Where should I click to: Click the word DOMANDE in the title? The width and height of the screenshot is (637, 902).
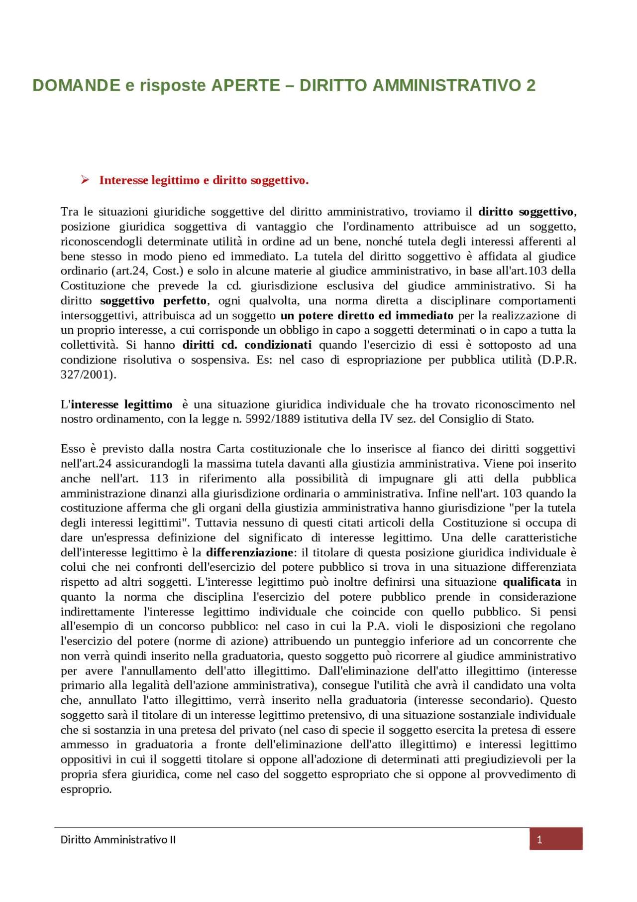pos(76,86)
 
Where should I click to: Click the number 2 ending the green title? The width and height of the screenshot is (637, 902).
pos(531,86)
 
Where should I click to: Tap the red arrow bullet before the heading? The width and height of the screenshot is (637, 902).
pos(85,180)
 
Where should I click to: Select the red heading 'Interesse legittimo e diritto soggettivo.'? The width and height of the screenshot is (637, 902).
pos(204,180)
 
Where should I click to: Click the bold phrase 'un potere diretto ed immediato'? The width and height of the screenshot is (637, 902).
pos(367,315)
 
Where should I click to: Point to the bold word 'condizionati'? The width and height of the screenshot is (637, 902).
pos(278,345)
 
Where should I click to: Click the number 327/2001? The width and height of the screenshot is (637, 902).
pos(88,375)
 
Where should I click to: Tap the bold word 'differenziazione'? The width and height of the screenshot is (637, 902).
pos(249,552)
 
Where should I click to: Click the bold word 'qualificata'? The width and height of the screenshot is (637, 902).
pos(531,582)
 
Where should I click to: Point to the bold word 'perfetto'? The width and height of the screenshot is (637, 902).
pos(185,300)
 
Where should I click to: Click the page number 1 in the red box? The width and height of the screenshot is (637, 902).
pos(539,840)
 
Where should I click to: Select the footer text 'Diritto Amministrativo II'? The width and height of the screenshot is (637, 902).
pos(118,840)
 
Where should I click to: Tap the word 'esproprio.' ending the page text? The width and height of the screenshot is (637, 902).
pos(86,789)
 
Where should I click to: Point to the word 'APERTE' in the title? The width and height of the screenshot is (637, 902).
pos(245,86)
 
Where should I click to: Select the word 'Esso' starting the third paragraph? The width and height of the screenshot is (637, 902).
pos(73,449)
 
